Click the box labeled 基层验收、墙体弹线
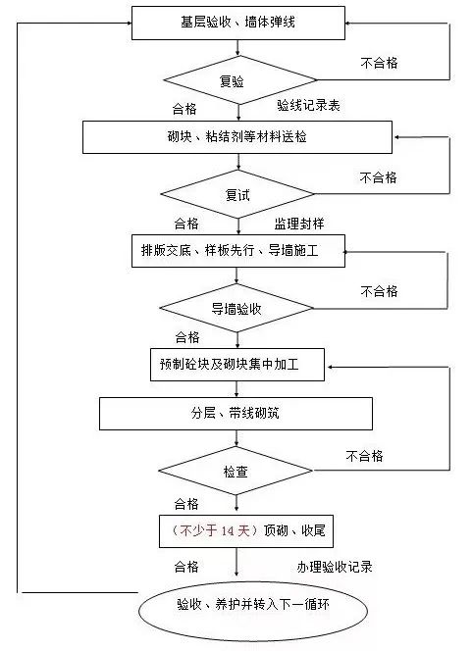click(x=238, y=23)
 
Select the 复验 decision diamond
click(x=239, y=80)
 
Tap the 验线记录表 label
click(x=308, y=106)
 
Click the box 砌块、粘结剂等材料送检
click(x=237, y=137)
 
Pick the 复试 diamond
click(x=237, y=194)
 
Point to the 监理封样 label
click(x=298, y=224)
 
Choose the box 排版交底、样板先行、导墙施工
click(x=238, y=251)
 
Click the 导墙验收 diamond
click(x=236, y=308)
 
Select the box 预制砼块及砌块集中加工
click(x=237, y=365)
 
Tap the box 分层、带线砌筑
click(x=236, y=414)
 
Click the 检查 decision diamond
click(x=236, y=471)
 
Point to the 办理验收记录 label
click(x=335, y=567)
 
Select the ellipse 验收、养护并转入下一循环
click(x=253, y=611)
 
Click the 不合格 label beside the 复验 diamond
click(x=379, y=63)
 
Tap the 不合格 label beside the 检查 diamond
click(x=364, y=456)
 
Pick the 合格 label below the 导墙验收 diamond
click(x=187, y=337)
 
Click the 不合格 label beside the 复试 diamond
click(x=378, y=177)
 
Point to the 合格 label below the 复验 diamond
click(x=184, y=109)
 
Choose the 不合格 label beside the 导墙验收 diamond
click(x=379, y=291)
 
